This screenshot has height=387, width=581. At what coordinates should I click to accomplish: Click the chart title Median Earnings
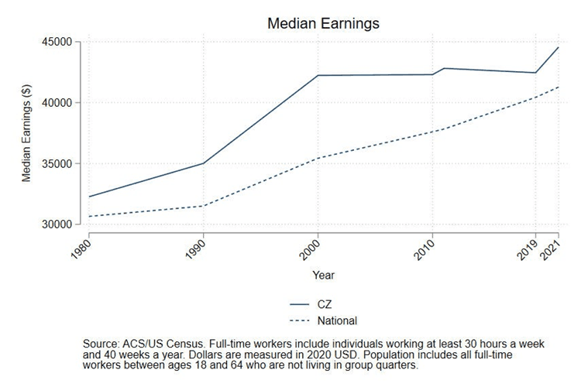pyautogui.click(x=323, y=23)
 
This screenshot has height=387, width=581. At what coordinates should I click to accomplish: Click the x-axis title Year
pyautogui.click(x=323, y=275)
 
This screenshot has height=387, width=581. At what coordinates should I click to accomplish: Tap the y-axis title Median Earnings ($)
pyautogui.click(x=27, y=133)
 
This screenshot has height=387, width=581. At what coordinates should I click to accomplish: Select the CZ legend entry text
pyautogui.click(x=322, y=304)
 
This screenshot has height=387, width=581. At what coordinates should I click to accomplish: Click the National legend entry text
pyautogui.click(x=336, y=320)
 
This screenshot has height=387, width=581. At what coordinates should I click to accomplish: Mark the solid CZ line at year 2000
pyautogui.click(x=318, y=75)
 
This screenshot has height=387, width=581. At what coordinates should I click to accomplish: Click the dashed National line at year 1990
pyautogui.click(x=203, y=206)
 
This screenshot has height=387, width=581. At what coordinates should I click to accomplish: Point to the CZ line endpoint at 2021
pyautogui.click(x=559, y=48)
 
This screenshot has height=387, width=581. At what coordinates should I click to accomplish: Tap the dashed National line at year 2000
pyautogui.click(x=318, y=158)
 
